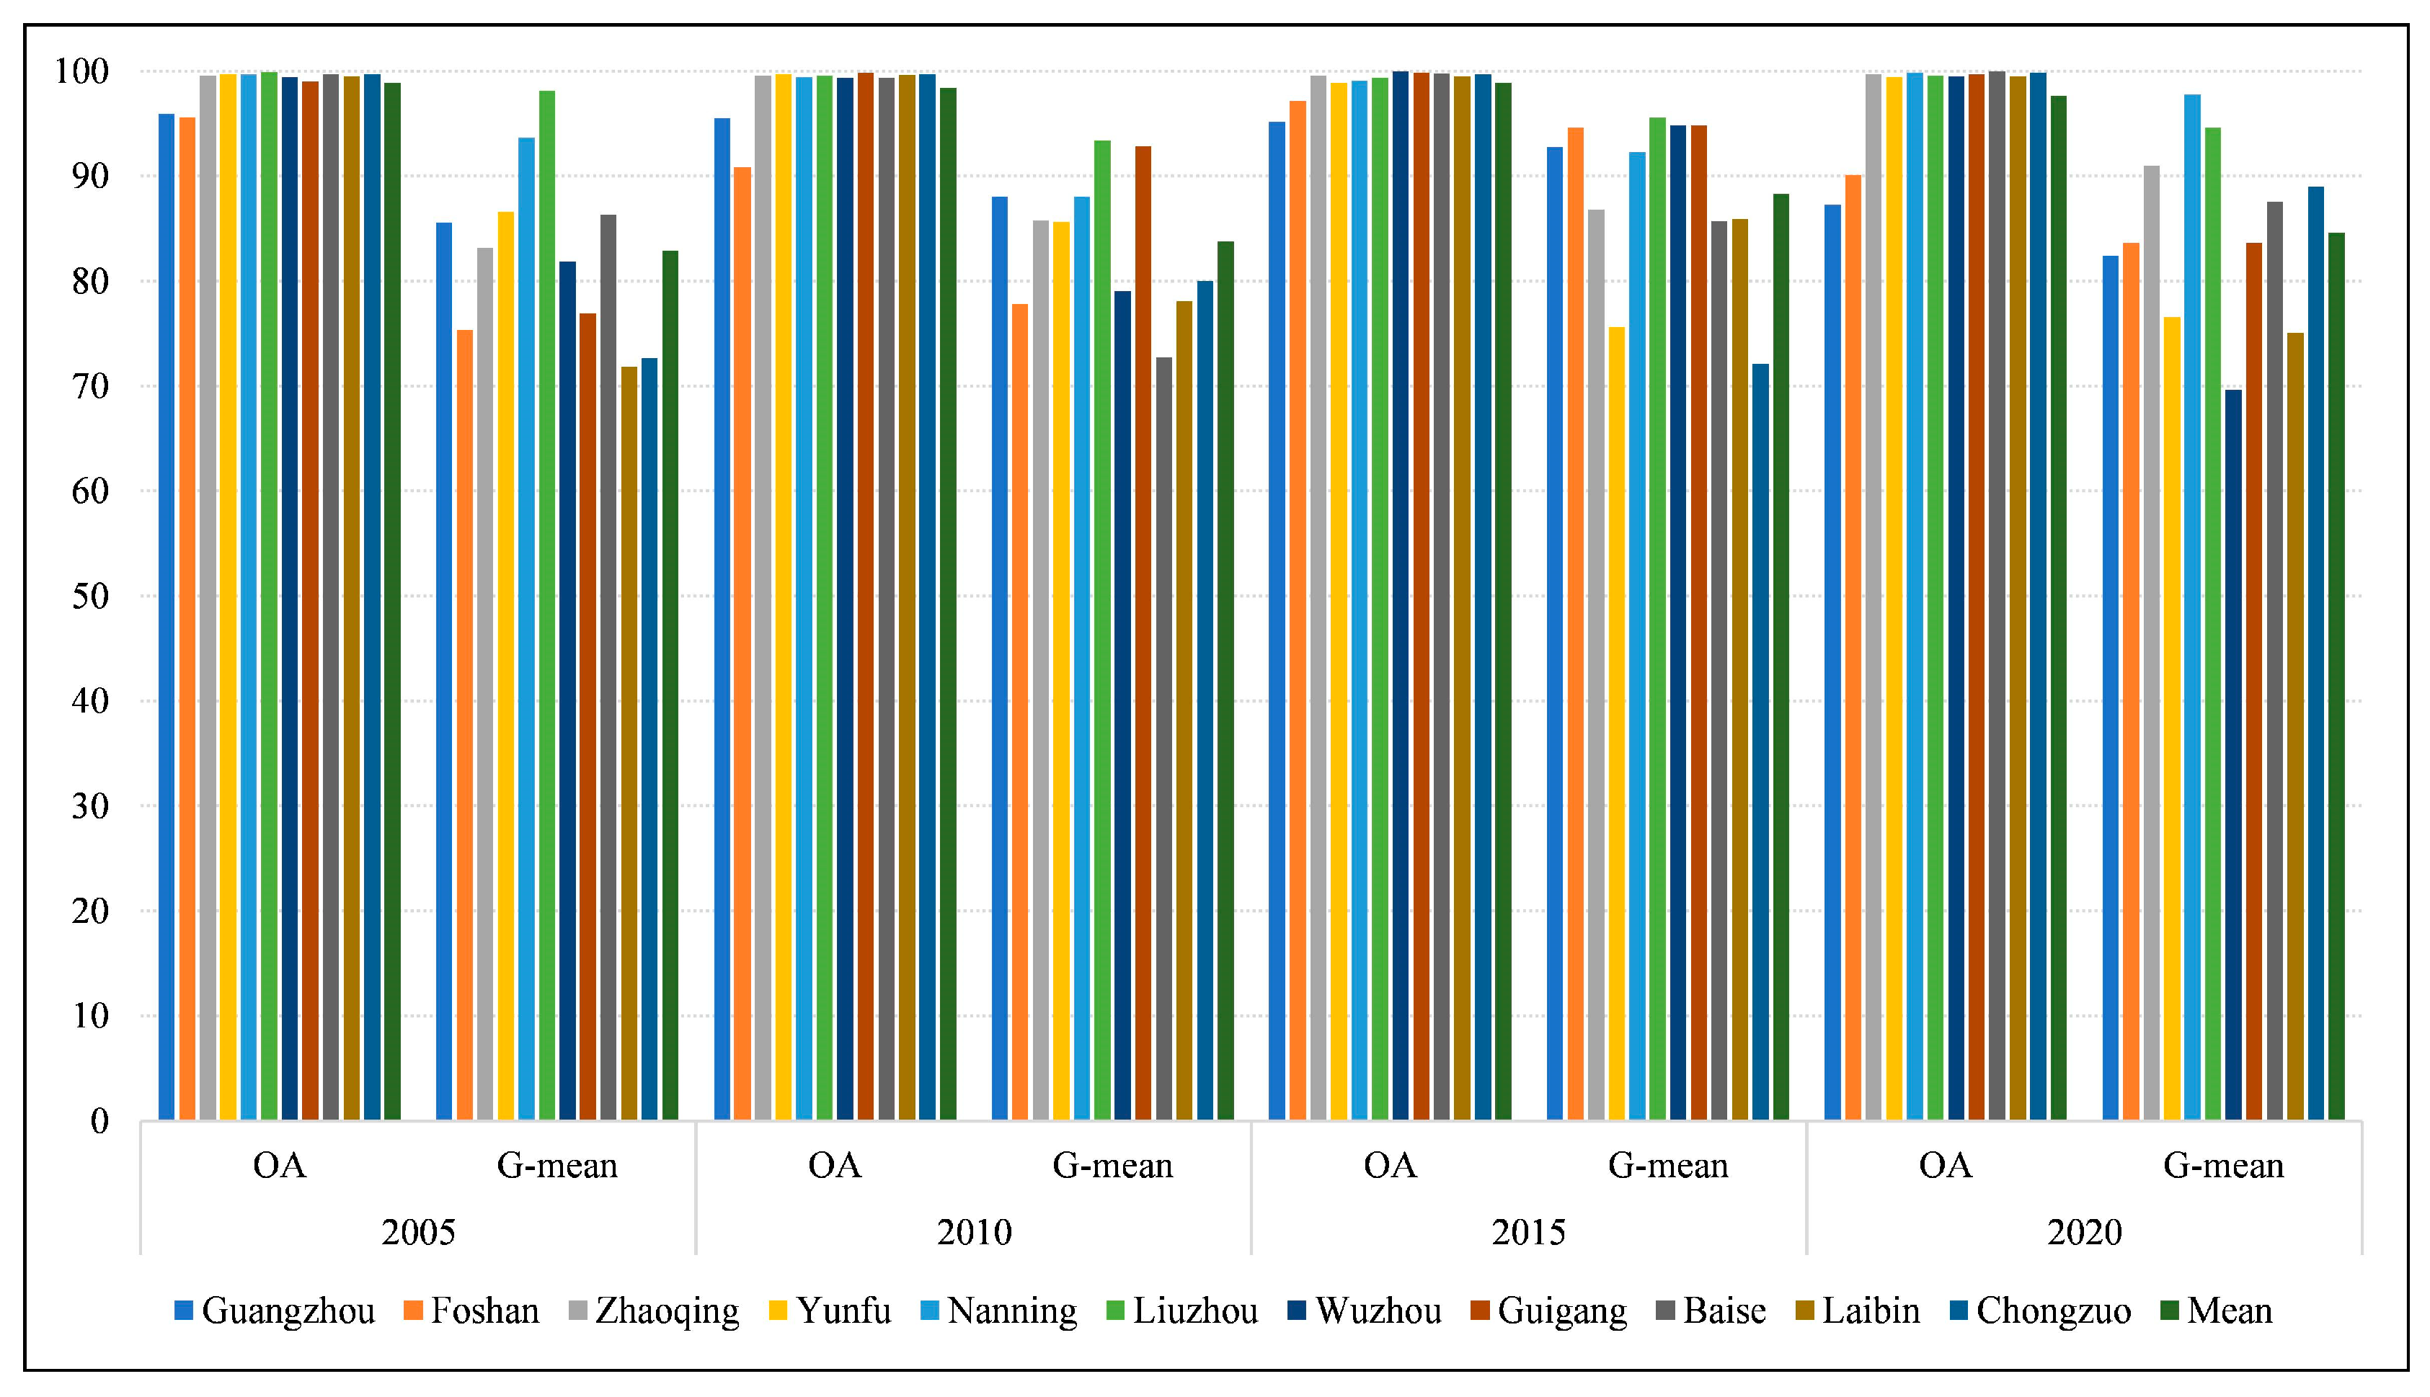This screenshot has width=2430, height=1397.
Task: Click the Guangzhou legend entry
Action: click(275, 1311)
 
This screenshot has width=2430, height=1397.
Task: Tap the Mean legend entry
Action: click(2216, 1311)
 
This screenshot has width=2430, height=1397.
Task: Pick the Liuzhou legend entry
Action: click(1182, 1311)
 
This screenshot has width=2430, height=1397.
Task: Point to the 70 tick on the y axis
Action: click(90, 387)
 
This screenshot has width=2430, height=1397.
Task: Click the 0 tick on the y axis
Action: click(99, 1120)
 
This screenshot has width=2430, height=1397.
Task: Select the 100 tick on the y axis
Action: click(81, 71)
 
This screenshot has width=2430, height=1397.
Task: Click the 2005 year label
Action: click(418, 1232)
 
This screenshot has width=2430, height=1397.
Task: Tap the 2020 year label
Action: click(2085, 1232)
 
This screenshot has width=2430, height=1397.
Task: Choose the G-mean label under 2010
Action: click(1113, 1166)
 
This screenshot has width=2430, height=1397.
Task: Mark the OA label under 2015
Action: click(1390, 1166)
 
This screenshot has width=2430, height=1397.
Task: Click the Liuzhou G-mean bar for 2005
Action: click(547, 605)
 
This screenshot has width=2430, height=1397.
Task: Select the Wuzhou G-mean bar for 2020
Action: click(2233, 755)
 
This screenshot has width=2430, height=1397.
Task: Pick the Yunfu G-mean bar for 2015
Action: click(1617, 723)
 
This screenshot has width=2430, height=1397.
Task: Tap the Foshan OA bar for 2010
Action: click(742, 644)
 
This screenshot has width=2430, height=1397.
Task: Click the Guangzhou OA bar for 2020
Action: click(1833, 662)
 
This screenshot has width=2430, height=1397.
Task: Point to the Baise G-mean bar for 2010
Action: click(1164, 738)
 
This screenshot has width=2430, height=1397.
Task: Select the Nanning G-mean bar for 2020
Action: click(2193, 607)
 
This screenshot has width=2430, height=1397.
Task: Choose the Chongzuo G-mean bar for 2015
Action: click(1761, 741)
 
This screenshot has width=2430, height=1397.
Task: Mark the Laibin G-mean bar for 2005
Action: click(629, 744)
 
